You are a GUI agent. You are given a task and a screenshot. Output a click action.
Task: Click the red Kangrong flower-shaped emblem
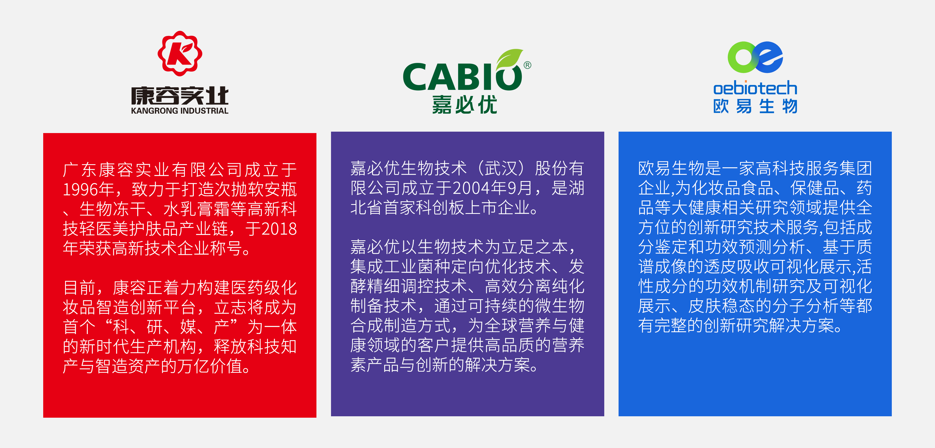click(180, 53)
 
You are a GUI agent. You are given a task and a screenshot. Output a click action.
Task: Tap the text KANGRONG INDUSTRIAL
click(180, 111)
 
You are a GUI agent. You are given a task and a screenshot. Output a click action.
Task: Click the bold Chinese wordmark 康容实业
click(180, 95)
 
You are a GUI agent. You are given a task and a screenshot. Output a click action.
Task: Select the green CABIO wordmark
click(462, 77)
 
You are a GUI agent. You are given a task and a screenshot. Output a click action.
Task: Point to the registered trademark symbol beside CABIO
click(527, 65)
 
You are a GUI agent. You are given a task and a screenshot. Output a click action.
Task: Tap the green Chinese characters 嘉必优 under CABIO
click(464, 105)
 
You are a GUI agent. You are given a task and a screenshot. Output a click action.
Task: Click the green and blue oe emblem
click(755, 57)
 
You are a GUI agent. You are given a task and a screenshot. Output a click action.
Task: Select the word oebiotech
click(755, 88)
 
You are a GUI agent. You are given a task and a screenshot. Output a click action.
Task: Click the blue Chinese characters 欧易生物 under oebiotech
click(755, 106)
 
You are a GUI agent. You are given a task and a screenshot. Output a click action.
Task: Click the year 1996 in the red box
click(81, 189)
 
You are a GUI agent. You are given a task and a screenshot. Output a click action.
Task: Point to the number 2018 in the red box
click(279, 229)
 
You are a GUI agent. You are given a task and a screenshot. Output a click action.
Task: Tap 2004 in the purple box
click(471, 188)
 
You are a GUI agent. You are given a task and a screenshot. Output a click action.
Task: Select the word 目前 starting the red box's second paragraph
click(79, 287)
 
